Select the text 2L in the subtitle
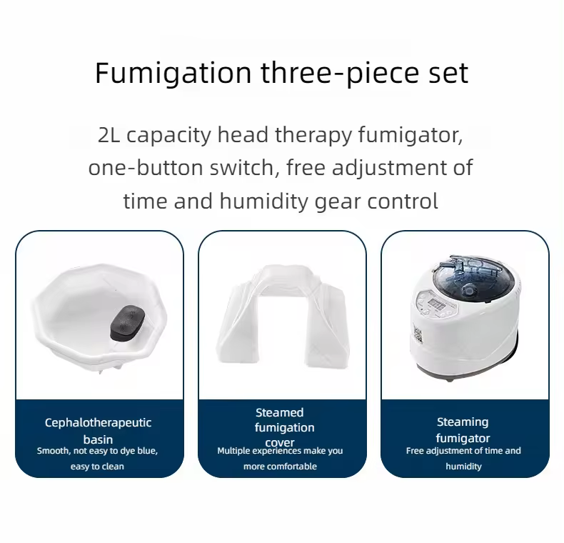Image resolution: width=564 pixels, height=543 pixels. tap(109, 136)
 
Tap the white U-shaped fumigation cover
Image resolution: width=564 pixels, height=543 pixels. tap(281, 314)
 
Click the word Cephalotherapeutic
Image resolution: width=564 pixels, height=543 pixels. tap(99, 422)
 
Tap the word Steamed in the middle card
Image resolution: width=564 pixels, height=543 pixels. tap(280, 412)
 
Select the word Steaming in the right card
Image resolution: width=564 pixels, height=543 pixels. tap(463, 422)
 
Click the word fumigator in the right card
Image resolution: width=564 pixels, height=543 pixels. tap(463, 438)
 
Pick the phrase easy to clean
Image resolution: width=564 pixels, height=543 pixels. tap(97, 467)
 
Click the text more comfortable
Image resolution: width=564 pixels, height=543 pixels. tap(280, 467)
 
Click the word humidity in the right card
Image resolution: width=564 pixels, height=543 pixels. tap(463, 467)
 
